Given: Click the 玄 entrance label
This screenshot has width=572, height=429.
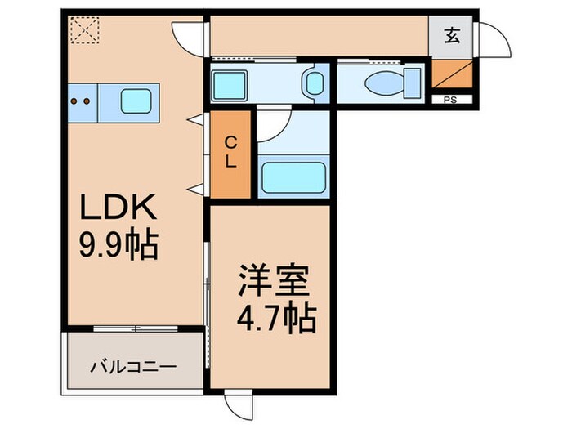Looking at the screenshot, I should coord(451,35).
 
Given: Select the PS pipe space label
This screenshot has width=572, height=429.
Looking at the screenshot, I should coord(449,101).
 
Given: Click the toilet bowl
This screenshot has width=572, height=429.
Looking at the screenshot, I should coord(383,83).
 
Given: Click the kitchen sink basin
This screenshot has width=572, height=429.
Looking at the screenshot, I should coord(136,102).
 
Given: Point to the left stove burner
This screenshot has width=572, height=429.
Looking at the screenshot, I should coord(75,102).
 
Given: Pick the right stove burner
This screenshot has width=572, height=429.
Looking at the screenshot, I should coord(87,102).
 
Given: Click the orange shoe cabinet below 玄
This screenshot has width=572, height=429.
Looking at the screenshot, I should coord(449,77).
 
